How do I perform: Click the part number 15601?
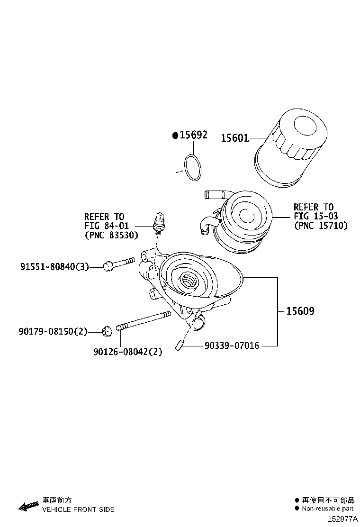point(234,138)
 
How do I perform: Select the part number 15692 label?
point(193,135)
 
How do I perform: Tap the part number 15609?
point(300,311)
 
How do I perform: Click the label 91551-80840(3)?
point(54,267)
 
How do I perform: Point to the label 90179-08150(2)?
point(54,332)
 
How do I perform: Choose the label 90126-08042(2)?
point(128,352)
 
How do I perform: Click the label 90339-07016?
point(232,346)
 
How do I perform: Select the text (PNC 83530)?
point(111,235)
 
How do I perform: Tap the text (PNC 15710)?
point(321,226)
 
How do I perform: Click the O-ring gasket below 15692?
point(193,167)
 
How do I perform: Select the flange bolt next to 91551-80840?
point(118,263)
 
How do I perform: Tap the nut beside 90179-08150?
point(107,331)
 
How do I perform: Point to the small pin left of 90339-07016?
point(179,346)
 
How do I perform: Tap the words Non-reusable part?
point(327,509)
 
